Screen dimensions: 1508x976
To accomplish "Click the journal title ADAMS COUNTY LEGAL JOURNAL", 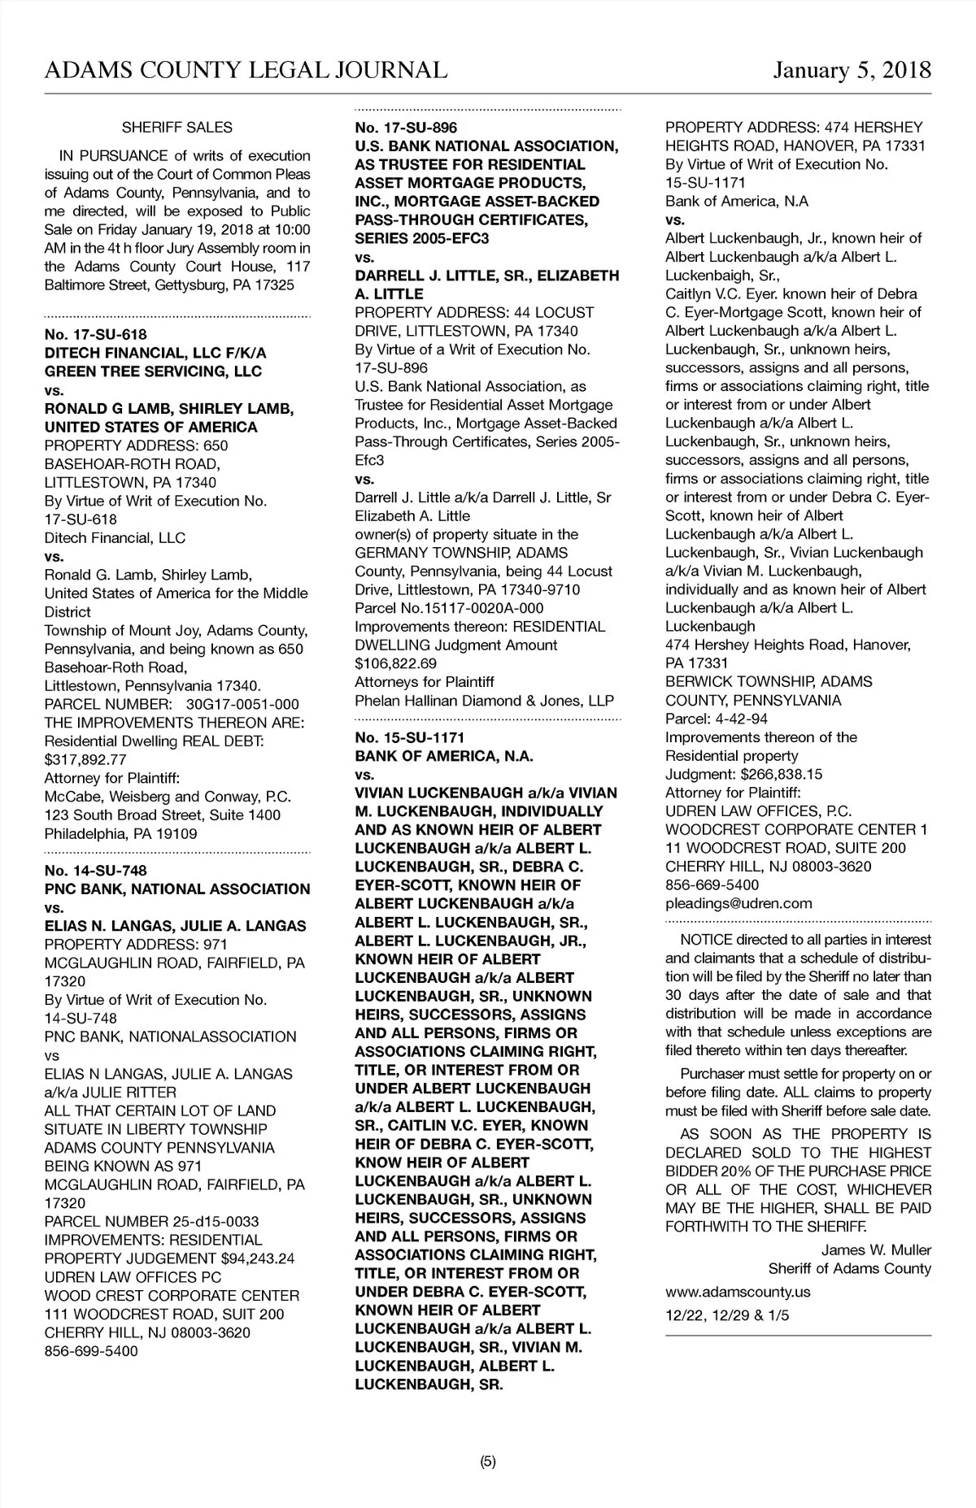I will pyautogui.click(x=246, y=70).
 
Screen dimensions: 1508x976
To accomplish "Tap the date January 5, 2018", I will pyautogui.click(x=852, y=70).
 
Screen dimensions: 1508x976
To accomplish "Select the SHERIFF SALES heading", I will pyautogui.click(x=176, y=128).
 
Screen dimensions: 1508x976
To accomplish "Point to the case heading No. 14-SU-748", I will pyautogui.click(x=95, y=871).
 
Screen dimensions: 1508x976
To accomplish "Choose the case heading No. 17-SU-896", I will pyautogui.click(x=406, y=128).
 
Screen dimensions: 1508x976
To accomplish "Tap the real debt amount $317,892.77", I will pyautogui.click(x=85, y=759).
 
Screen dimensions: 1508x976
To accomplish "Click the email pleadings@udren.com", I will pyautogui.click(x=739, y=903).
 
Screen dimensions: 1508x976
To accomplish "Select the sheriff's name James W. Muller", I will pyautogui.click(x=876, y=1249).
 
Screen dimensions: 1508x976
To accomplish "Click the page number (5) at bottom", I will pyautogui.click(x=487, y=1461).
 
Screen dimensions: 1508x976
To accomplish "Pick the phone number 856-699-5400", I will pyautogui.click(x=91, y=1351).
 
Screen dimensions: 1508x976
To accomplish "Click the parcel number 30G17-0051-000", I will pyautogui.click(x=242, y=704).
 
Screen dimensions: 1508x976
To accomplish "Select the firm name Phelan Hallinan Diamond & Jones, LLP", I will pyautogui.click(x=484, y=700).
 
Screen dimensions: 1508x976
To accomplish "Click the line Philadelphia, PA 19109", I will pyautogui.click(x=120, y=833).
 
